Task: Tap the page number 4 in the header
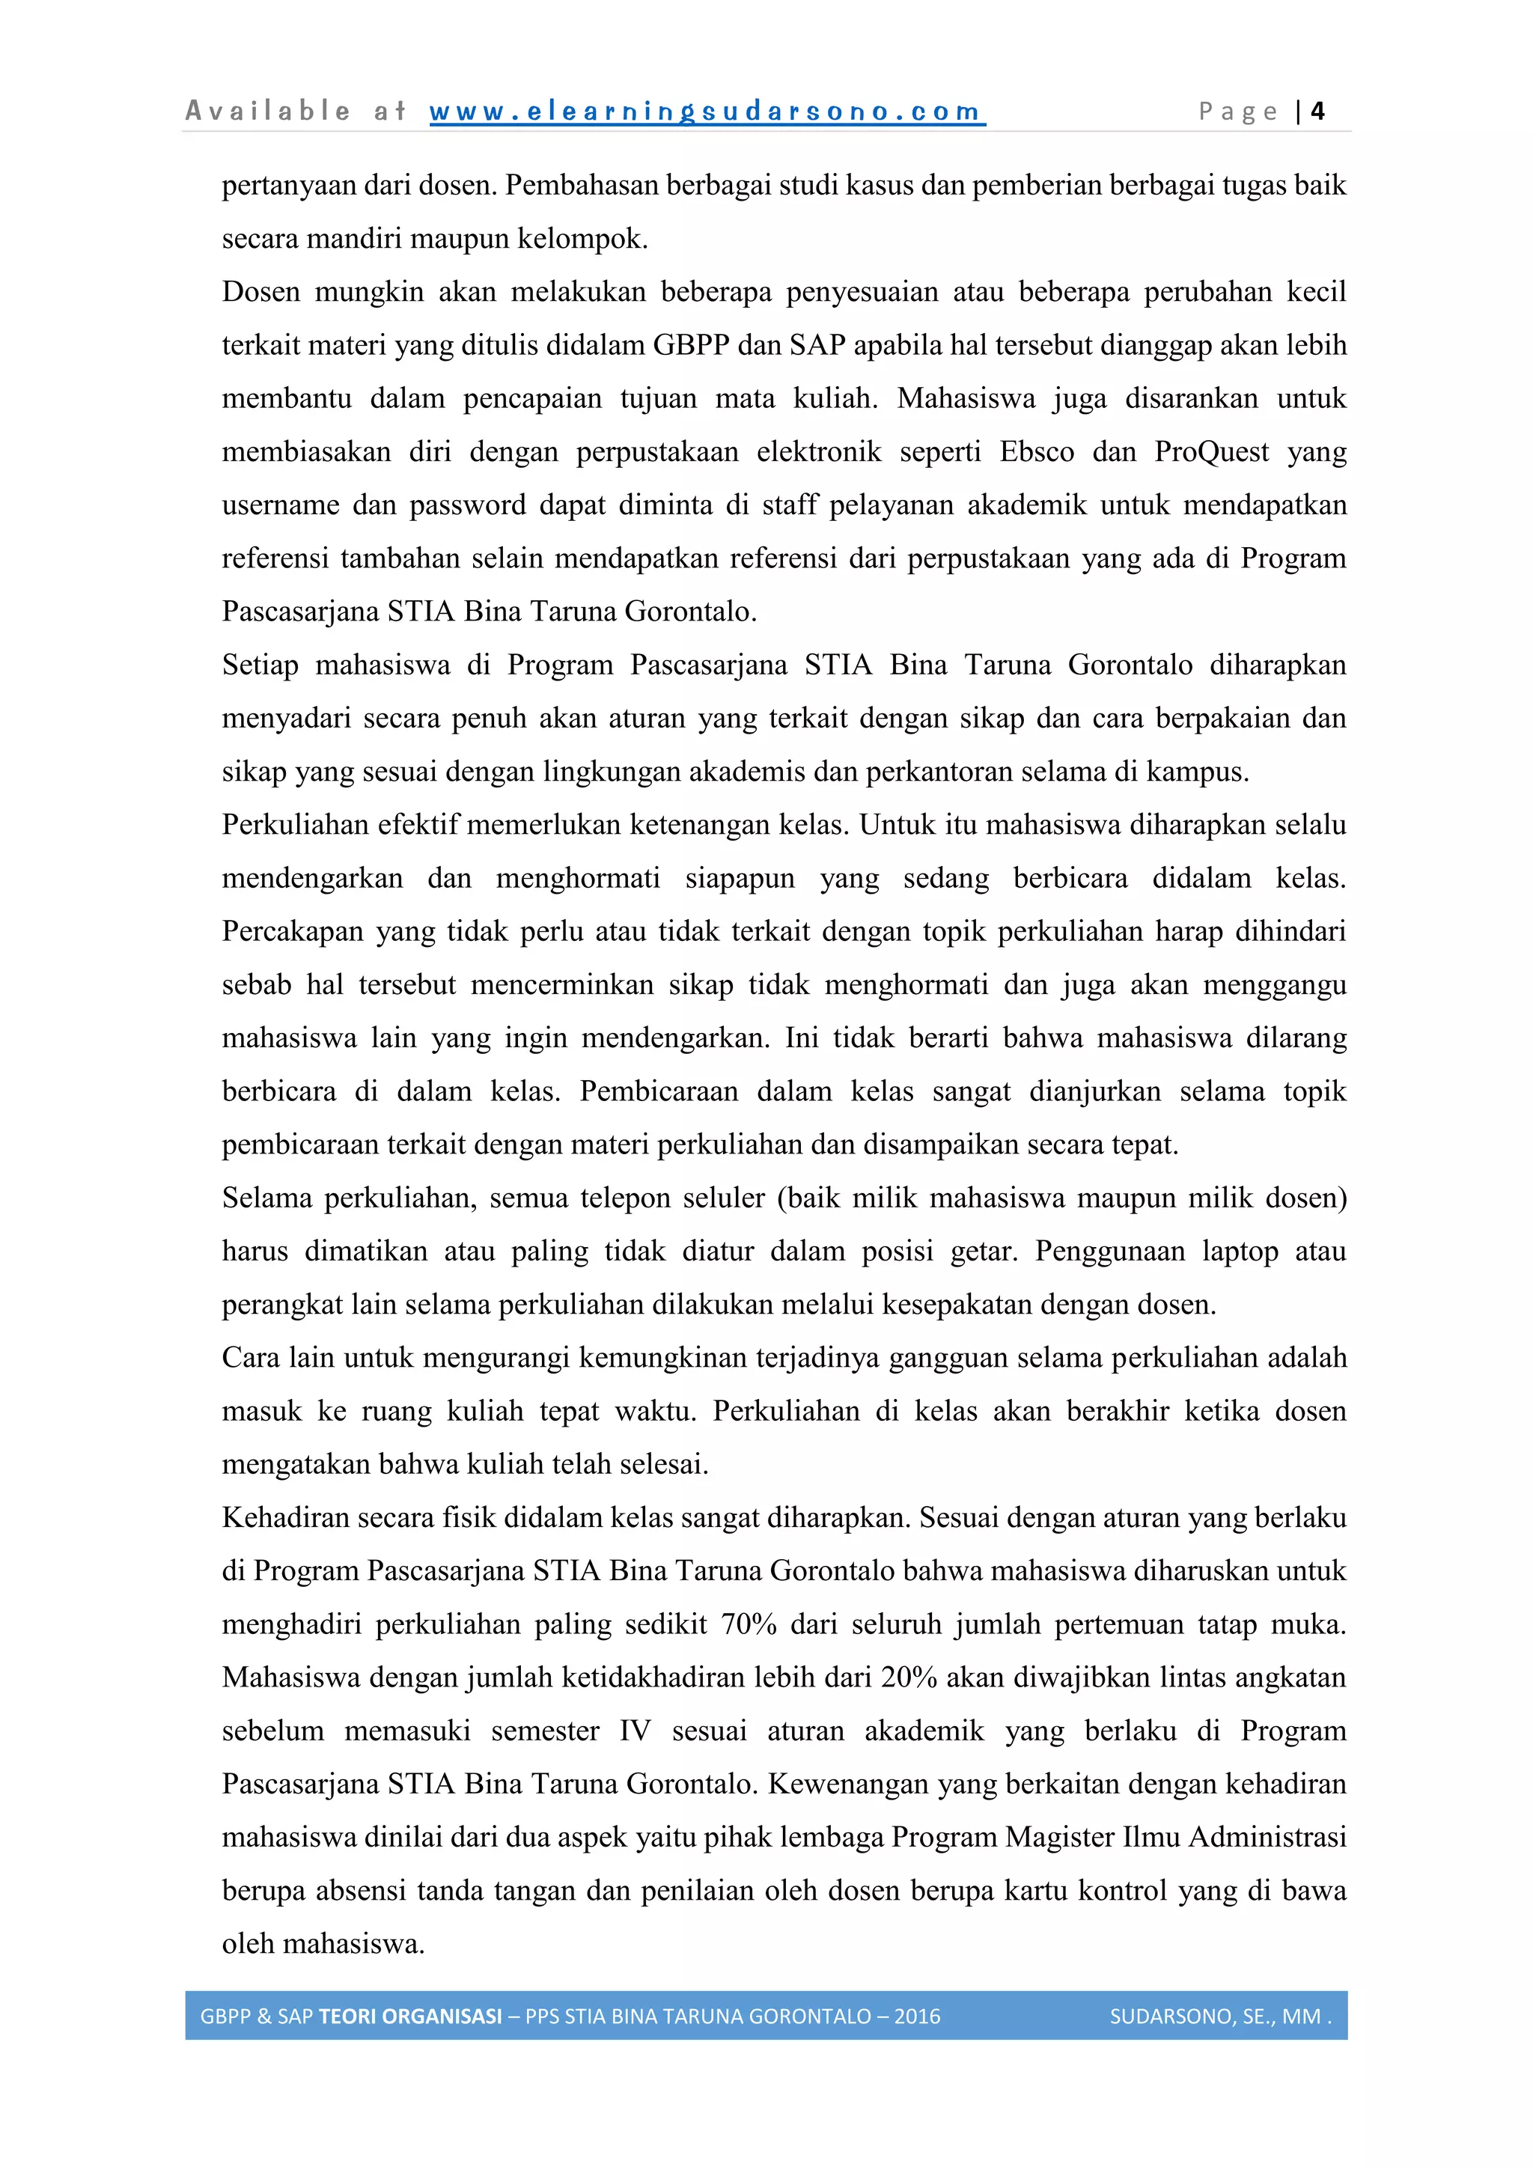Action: pyautogui.click(x=1317, y=112)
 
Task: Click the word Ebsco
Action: pyautogui.click(x=1037, y=452)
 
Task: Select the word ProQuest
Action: pyautogui.click(x=1211, y=452)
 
